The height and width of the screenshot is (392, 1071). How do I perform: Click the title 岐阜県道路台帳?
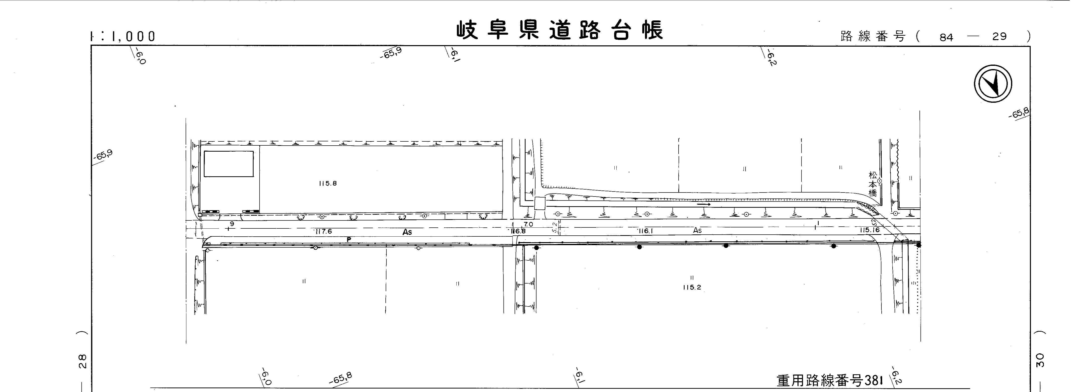560,30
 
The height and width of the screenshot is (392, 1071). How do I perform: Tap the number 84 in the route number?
946,37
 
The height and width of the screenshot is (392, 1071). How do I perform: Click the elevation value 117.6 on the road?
323,231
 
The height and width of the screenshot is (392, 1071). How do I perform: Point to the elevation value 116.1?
646,231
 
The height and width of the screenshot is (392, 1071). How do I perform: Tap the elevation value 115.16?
870,230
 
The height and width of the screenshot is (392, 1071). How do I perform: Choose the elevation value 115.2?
692,287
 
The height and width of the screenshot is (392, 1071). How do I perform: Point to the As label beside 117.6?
407,232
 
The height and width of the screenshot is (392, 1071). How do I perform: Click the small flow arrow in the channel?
704,204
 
